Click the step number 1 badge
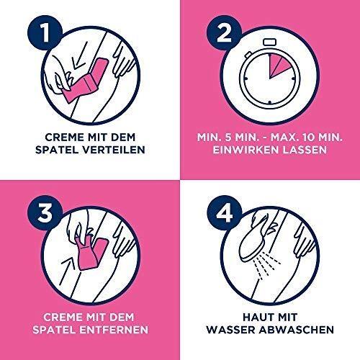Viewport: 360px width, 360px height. click(x=45, y=33)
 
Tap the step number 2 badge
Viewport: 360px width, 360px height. click(x=225, y=33)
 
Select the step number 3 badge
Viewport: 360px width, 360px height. click(x=45, y=213)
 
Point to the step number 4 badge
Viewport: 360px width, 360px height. click(x=225, y=213)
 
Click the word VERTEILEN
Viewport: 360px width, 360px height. click(x=114, y=150)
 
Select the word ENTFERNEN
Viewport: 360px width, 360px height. click(x=114, y=330)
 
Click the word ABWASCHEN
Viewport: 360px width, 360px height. click(x=297, y=330)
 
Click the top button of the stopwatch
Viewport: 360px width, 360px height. click(x=270, y=42)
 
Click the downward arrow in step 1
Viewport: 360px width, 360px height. click(x=80, y=55)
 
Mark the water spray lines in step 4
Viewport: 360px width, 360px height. click(x=269, y=266)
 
